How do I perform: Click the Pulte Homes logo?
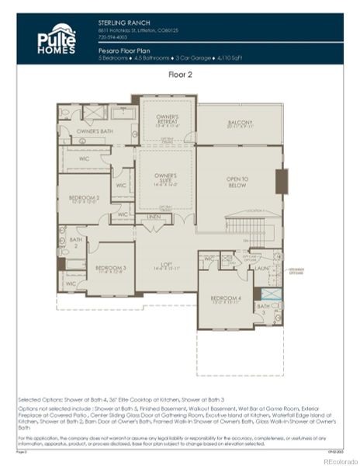[57, 40]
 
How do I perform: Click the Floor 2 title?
[181, 75]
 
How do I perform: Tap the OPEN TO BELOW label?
[237, 183]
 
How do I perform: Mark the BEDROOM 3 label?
[110, 269]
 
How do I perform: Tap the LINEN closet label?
[153, 217]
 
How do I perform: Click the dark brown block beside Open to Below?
[282, 181]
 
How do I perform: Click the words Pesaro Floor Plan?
[125, 48]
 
